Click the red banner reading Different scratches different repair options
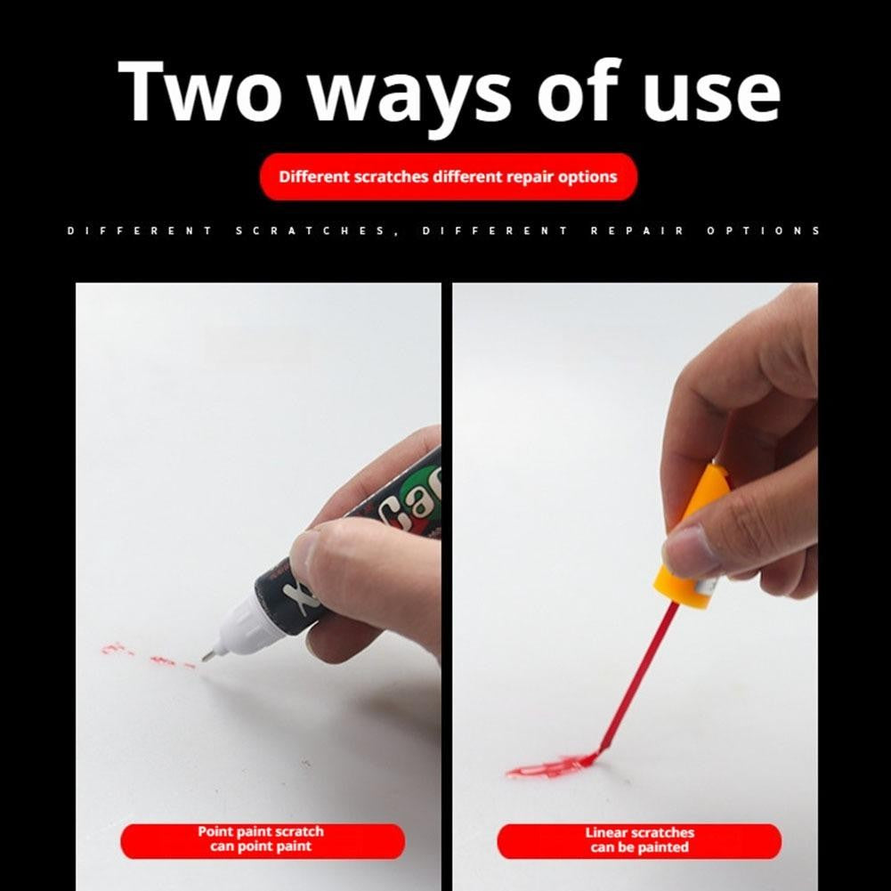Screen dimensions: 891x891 pyautogui.click(x=449, y=177)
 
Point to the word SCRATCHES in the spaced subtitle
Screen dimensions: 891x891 pyautogui.click(x=311, y=231)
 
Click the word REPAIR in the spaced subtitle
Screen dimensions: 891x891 pyautogui.click(x=637, y=231)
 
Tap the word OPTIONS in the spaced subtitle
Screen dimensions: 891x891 pyautogui.click(x=763, y=231)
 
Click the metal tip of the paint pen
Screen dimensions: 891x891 pyautogui.click(x=208, y=656)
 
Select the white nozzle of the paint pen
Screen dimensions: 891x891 pyautogui.click(x=245, y=626)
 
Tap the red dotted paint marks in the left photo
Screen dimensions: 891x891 pyautogui.click(x=149, y=656)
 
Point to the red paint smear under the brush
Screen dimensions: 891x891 pyautogui.click(x=550, y=766)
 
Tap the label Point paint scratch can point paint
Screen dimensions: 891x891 pyautogui.click(x=263, y=840)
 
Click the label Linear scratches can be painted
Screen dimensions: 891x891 pyautogui.click(x=639, y=840)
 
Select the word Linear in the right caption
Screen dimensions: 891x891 pyautogui.click(x=605, y=833)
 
